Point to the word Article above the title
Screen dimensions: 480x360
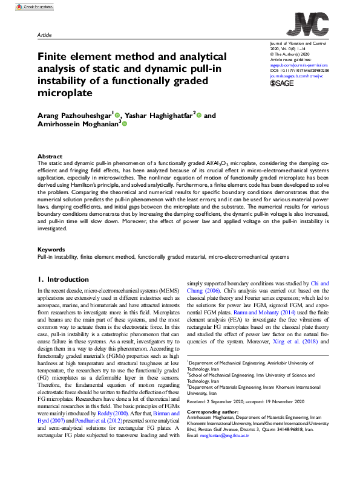point(45,36)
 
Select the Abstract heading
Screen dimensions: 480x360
point(50,156)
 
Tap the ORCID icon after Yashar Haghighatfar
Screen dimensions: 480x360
point(198,115)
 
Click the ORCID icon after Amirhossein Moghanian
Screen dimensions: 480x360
point(125,123)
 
